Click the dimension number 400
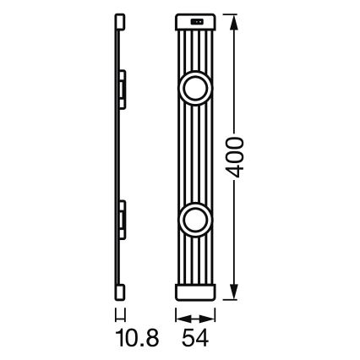tap(239, 155)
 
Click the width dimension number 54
tap(195, 341)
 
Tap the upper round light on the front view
tap(195, 89)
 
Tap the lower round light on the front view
tap(195, 221)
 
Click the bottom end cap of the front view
tap(195, 290)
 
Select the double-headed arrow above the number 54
tap(195, 319)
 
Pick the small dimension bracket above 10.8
tap(118, 316)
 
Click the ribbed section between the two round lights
tap(195, 155)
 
